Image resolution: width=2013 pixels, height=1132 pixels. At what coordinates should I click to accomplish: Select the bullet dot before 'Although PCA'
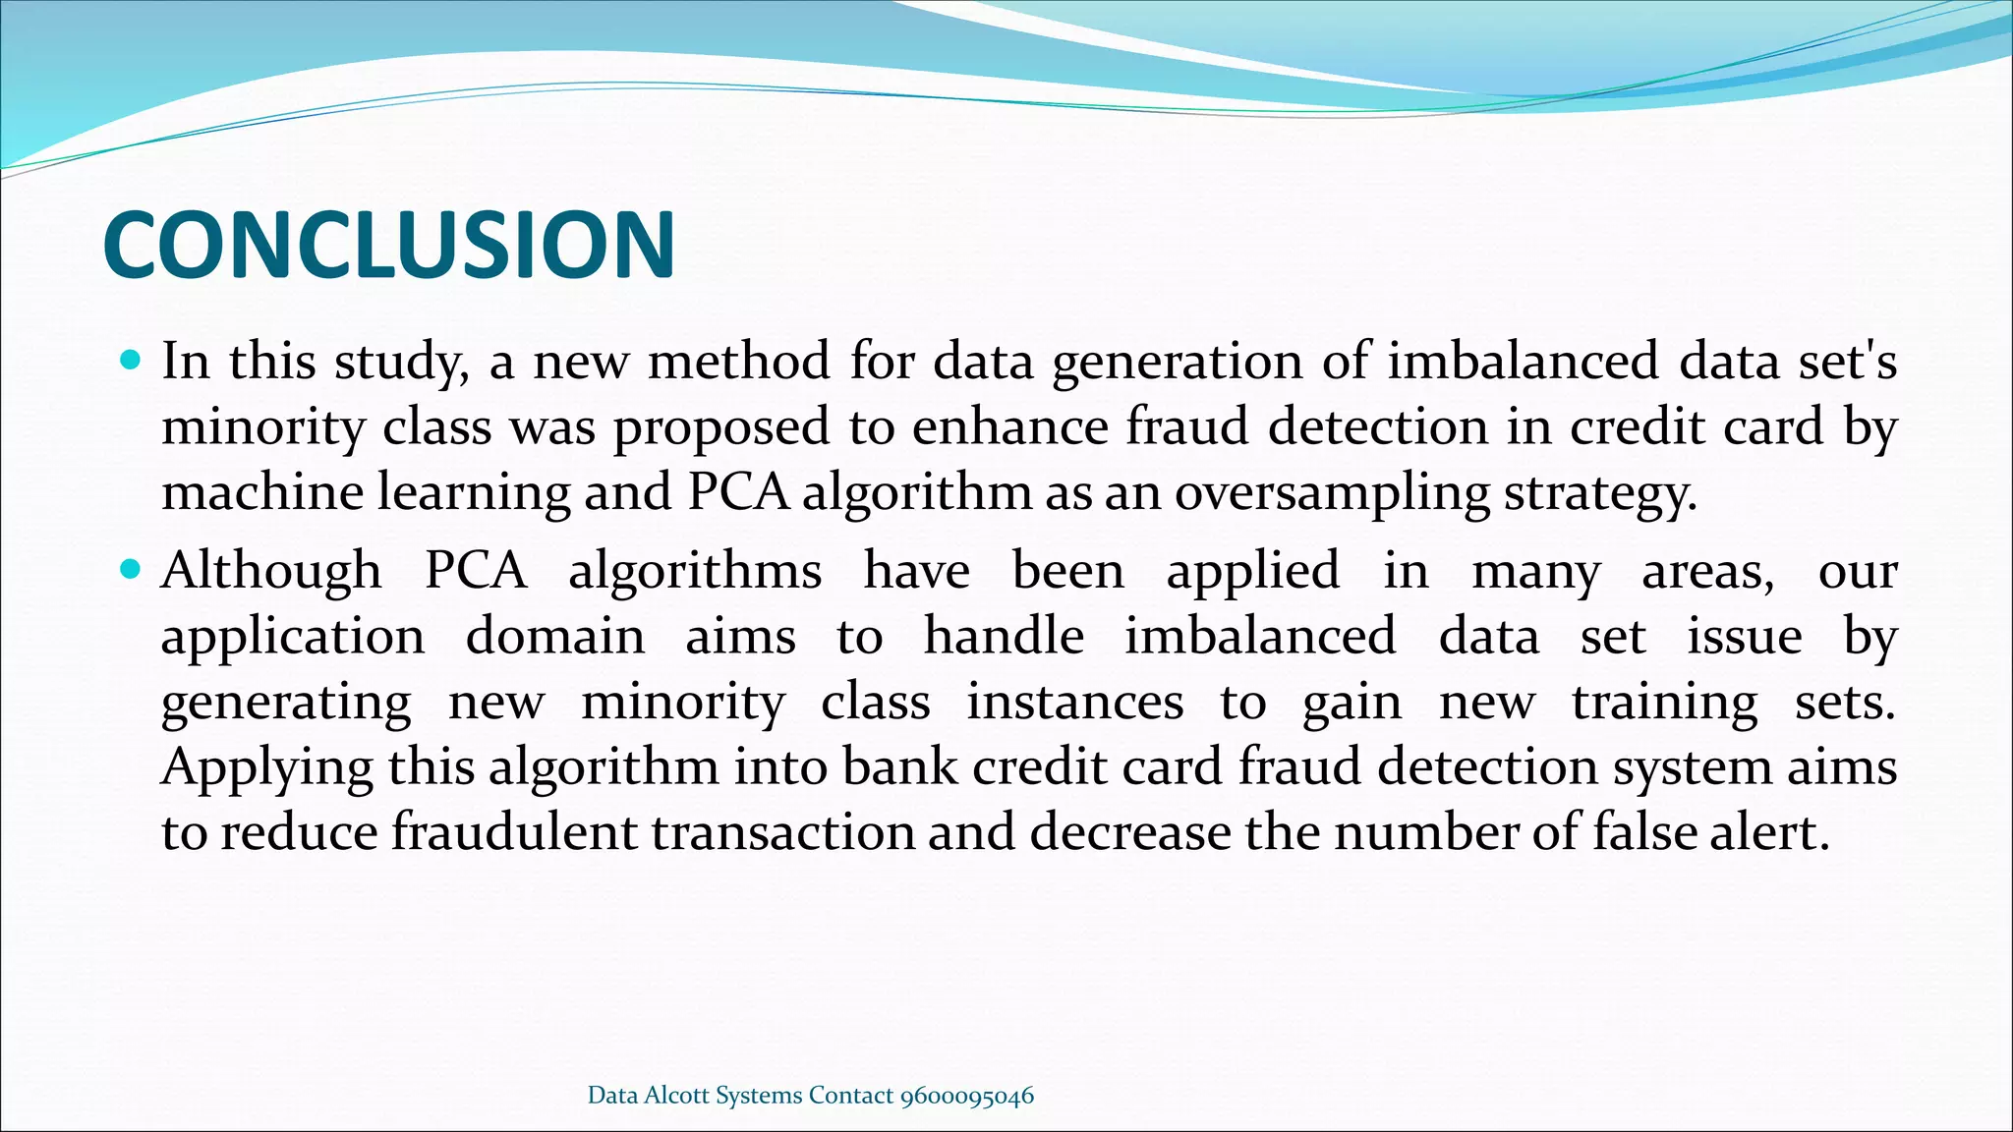(x=130, y=569)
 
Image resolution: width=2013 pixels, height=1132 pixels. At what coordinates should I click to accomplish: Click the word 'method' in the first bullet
(x=739, y=361)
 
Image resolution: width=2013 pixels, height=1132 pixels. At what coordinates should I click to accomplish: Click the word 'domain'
(x=555, y=636)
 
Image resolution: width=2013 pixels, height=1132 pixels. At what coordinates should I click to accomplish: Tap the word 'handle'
(x=1004, y=636)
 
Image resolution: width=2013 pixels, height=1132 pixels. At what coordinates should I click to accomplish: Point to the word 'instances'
(x=1075, y=703)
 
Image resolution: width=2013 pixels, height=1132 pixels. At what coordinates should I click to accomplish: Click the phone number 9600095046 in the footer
(x=967, y=1096)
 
